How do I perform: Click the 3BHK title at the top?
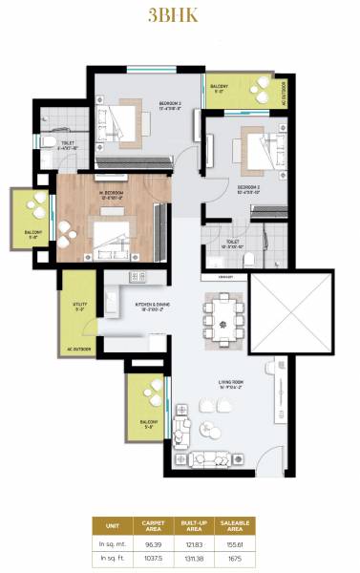pyautogui.click(x=180, y=15)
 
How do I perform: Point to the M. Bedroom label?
pyautogui.click(x=112, y=195)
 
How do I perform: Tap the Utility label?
pyautogui.click(x=79, y=307)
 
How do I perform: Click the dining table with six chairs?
pyautogui.click(x=222, y=321)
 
